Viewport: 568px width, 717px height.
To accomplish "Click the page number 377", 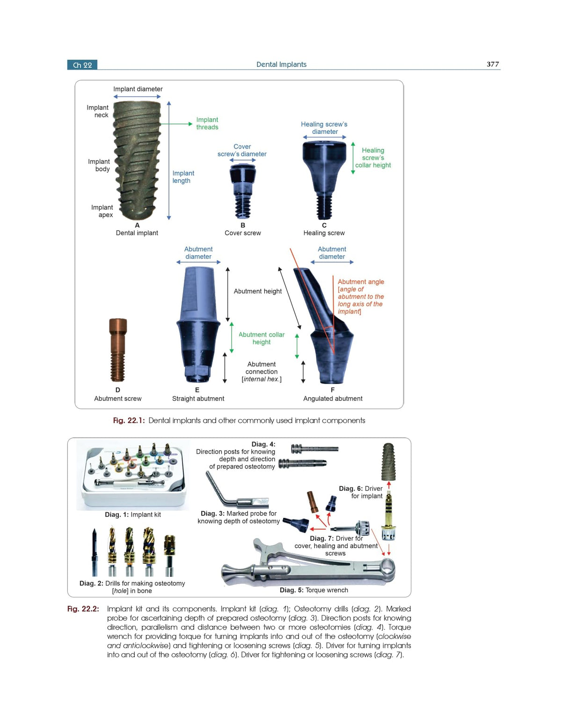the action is tap(492, 64).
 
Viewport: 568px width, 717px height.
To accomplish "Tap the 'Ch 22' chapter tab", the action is tap(82, 65).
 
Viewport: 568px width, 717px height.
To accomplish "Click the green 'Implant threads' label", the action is tap(207, 123).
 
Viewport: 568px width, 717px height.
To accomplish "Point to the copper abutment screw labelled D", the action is tap(117, 350).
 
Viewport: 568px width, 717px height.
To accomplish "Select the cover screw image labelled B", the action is tap(243, 191).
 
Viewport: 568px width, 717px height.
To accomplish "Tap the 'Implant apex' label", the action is tap(102, 211).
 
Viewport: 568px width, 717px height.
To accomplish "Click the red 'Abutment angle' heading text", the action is tap(361, 282).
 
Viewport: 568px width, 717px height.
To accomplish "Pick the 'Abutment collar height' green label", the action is tap(262, 338).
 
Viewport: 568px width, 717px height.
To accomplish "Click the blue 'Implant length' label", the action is tap(183, 177).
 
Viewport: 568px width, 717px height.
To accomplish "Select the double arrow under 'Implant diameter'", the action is tap(137, 97).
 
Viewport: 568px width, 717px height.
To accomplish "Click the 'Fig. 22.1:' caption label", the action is tap(129, 420).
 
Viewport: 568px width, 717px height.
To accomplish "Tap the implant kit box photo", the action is tap(133, 475).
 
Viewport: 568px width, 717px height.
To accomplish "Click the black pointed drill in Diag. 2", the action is tap(95, 552).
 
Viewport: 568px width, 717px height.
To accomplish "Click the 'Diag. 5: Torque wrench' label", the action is tap(313, 590).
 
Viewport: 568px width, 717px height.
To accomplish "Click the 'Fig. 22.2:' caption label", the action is tap(83, 608).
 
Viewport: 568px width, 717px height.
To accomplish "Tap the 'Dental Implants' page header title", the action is tap(281, 64).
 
